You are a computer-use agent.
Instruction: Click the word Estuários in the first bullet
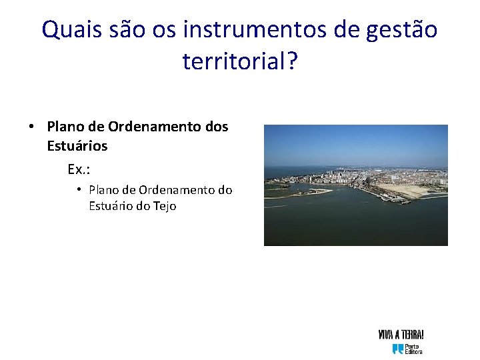click(x=77, y=145)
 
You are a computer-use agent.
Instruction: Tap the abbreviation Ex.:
click(x=79, y=169)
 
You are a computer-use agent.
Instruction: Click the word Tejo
click(x=164, y=206)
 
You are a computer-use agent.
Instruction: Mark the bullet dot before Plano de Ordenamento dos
click(x=31, y=127)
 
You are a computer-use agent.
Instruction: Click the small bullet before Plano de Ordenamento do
click(x=79, y=189)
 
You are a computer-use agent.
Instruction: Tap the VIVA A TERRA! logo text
click(x=401, y=335)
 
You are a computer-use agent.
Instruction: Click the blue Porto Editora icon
click(x=398, y=349)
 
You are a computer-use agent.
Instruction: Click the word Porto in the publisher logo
click(x=413, y=346)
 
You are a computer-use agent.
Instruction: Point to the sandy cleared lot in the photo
click(x=408, y=191)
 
